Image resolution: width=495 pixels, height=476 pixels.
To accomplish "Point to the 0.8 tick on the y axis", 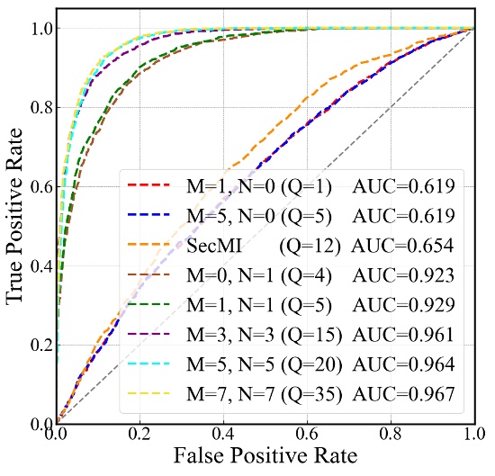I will tap(36, 108).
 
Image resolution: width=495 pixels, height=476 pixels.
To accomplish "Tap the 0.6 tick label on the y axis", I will tap(36, 187).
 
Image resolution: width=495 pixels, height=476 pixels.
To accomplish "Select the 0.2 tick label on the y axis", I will tap(36, 345).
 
